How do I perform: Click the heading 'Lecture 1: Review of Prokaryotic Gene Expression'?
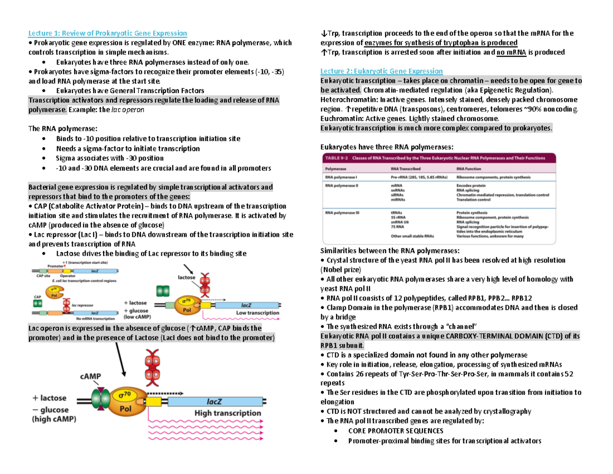(x=107, y=34)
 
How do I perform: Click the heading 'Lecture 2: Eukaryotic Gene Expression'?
(x=381, y=71)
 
